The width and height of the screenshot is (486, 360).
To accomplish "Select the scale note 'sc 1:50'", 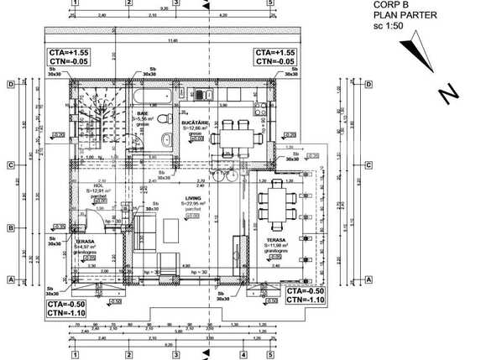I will [389, 27].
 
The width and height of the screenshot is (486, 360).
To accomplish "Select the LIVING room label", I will [193, 198].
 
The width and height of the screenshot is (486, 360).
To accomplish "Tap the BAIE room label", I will [143, 112].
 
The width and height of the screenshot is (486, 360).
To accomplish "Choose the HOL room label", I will [99, 187].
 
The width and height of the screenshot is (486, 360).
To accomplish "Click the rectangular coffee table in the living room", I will [174, 228].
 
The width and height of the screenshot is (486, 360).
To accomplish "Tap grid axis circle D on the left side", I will [12, 84].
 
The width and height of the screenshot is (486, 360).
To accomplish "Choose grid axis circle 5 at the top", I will [270, 3].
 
